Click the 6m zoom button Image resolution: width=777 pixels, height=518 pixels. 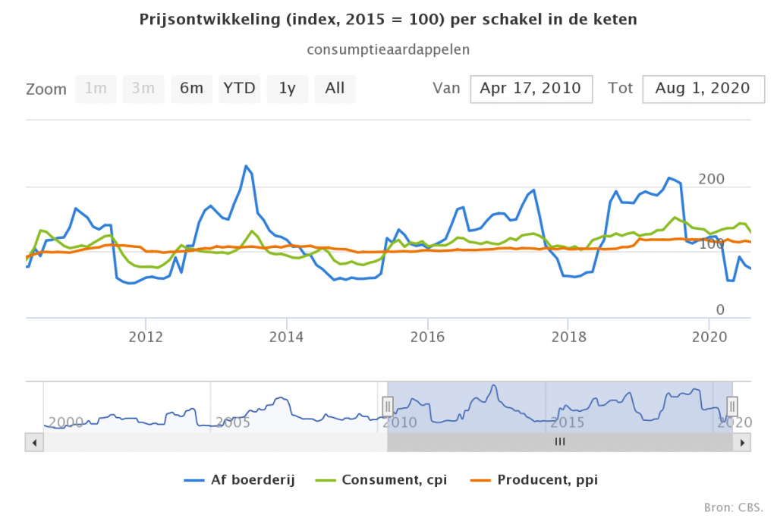(x=191, y=88)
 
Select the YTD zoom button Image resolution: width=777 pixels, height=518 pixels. (x=239, y=88)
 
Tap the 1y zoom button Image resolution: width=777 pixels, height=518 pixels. (x=287, y=88)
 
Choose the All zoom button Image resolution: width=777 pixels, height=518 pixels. (x=335, y=88)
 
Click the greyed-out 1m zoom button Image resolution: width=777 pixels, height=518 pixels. (x=96, y=88)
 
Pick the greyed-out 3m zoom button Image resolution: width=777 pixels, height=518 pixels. (x=143, y=88)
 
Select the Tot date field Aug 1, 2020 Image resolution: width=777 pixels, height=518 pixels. (x=703, y=88)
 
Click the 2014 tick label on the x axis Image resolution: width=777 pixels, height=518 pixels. (x=287, y=336)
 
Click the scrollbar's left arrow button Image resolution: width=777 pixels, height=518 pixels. (x=32, y=442)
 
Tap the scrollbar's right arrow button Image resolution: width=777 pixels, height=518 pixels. (x=744, y=442)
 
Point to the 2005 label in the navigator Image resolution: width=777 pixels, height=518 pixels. (x=233, y=422)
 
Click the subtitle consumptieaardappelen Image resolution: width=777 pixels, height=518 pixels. (x=388, y=49)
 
